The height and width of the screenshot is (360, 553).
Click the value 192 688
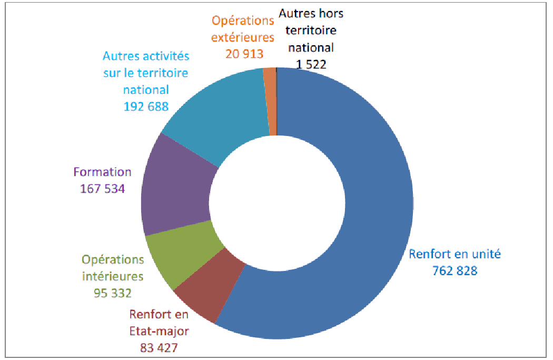[x=146, y=106]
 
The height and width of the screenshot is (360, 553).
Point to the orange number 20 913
[x=244, y=53]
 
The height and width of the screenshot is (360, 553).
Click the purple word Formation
[x=103, y=172]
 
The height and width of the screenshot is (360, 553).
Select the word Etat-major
[x=159, y=332]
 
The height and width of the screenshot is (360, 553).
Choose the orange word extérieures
[x=243, y=37]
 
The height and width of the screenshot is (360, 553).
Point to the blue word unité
[x=483, y=254]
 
